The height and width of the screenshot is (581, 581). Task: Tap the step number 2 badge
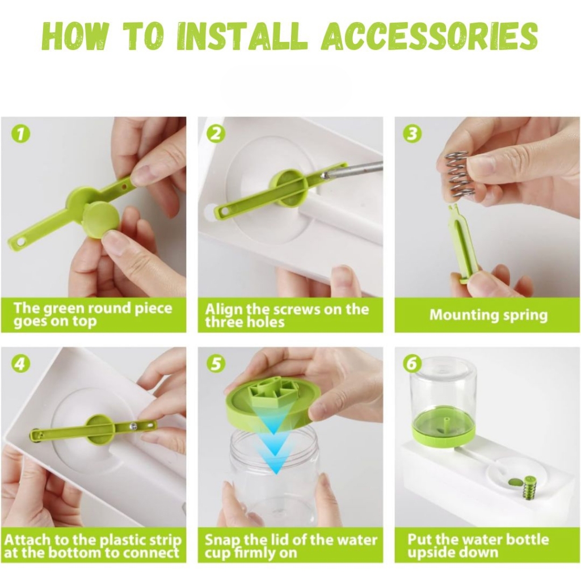(216, 134)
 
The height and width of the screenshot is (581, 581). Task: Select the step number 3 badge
(412, 134)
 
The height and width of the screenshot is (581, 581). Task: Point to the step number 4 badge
(21, 364)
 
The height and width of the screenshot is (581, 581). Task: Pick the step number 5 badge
(216, 364)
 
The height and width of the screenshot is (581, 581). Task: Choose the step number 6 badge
(412, 364)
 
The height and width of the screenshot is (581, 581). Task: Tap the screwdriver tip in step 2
(325, 176)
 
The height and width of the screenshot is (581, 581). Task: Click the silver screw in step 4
(133, 426)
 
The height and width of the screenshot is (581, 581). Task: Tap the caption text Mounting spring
(489, 315)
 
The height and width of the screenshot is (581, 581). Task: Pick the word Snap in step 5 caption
(221, 540)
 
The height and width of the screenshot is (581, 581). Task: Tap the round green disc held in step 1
(100, 222)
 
